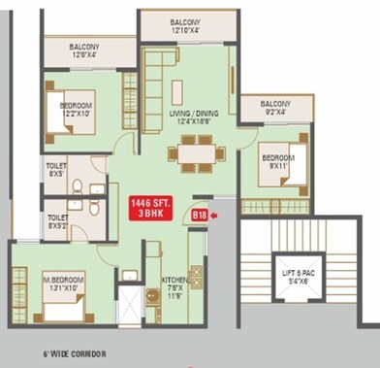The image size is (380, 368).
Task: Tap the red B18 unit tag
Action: pos(201,215)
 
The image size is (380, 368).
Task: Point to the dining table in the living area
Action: pos(196,153)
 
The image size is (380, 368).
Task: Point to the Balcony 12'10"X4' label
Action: pos(186,25)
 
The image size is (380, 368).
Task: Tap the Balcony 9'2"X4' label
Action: pos(275,109)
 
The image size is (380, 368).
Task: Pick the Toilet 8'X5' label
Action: pos(55,170)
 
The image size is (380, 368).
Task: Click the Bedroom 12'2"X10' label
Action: pos(75,110)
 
